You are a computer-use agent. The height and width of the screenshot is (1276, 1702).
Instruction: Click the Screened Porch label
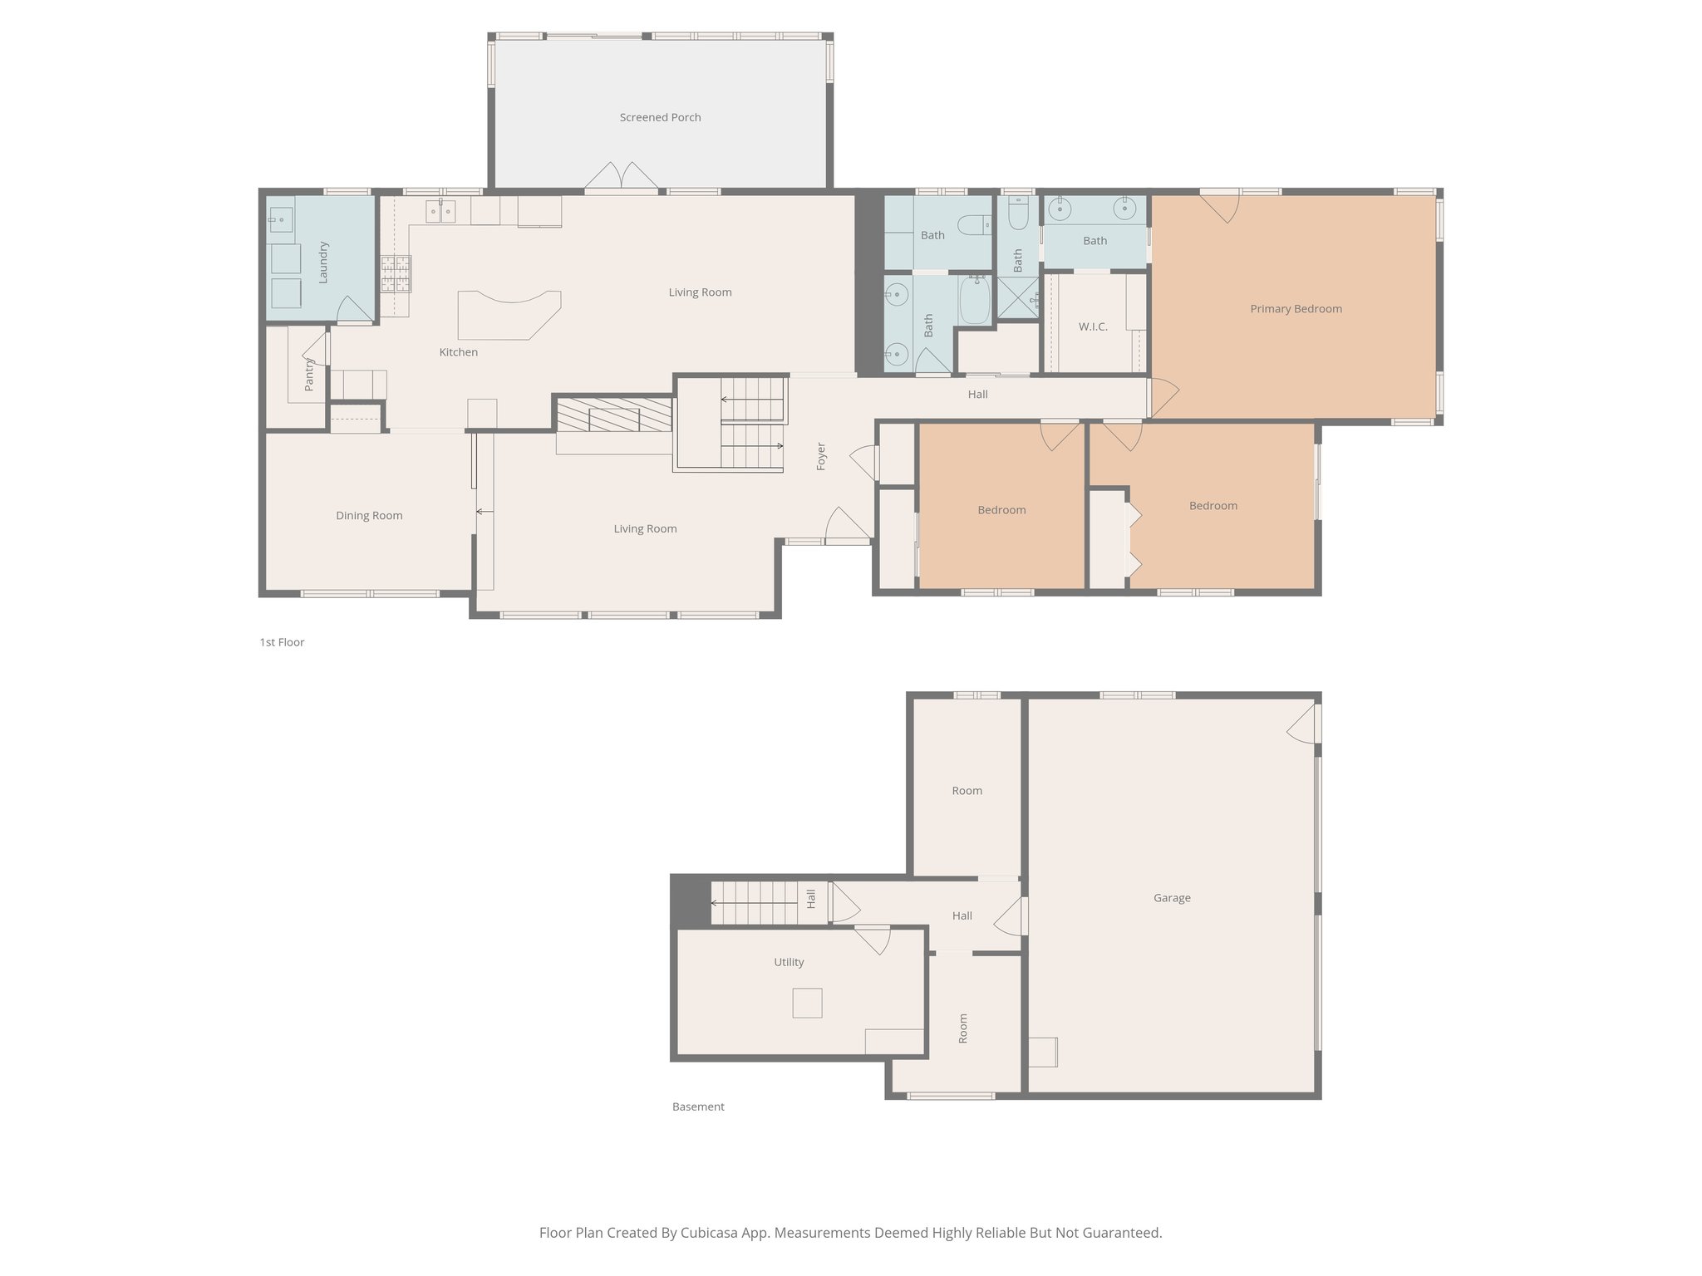coord(660,117)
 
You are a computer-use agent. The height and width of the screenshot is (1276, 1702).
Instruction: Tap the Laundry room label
coord(323,262)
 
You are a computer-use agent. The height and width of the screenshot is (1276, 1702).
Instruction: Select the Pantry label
coord(309,374)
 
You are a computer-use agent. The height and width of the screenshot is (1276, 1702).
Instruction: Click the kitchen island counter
coord(509,314)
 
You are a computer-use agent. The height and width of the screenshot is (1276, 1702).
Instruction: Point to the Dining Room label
coord(369,515)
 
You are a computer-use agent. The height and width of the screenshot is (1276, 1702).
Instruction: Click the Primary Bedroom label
coord(1296,308)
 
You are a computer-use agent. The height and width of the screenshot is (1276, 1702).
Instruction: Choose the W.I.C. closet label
coord(1093,326)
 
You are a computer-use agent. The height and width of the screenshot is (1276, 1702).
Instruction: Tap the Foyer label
coord(821,456)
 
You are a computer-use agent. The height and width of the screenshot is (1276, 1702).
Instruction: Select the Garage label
coord(1172,897)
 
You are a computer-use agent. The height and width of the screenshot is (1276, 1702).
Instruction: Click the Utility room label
coord(789,962)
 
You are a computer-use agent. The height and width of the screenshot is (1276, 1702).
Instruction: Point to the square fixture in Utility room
coord(806,1003)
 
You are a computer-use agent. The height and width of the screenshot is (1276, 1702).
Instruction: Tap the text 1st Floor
coord(282,642)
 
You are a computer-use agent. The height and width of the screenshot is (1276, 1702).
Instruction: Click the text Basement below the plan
coord(698,1107)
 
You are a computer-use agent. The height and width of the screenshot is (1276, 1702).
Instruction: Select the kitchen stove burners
coord(396,274)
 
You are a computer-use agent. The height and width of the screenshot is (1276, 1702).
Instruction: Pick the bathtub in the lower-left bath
coord(975,301)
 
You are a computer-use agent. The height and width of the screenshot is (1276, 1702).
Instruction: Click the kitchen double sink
coord(440,211)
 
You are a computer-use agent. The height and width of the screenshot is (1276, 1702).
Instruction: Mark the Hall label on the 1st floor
coord(977,394)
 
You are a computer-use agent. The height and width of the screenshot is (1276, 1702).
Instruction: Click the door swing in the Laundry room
coord(355,310)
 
